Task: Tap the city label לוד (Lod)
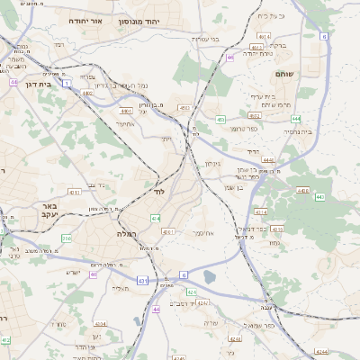(x=160, y=193)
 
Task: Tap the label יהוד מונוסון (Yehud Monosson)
(x=164, y=19)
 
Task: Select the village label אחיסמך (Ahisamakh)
(x=204, y=233)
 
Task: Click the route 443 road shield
(x=302, y=191)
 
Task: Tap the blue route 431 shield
(x=141, y=281)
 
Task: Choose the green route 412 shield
(x=6, y=339)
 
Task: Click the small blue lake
(x=210, y=277)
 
